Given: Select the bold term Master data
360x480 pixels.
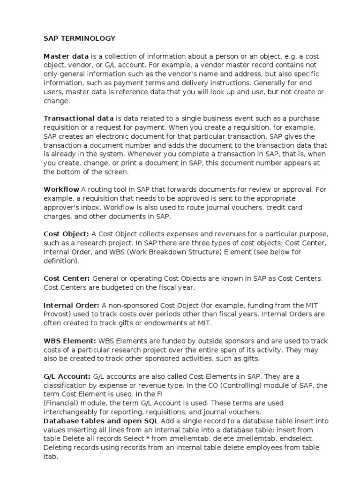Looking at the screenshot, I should pos(66,56).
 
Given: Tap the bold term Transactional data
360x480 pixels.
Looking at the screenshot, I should pos(78,118).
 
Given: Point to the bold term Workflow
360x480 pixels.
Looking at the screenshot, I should pos(61,189).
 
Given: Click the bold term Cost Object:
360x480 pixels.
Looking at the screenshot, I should pos(66,234).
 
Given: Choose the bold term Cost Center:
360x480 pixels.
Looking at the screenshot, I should pos(67,278).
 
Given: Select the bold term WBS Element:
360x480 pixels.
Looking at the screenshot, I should pos(70,341).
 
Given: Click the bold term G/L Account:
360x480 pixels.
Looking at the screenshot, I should pos(67,376).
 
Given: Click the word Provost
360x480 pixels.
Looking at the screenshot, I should pos(57,314).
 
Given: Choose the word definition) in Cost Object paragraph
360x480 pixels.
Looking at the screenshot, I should pos(61,261).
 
